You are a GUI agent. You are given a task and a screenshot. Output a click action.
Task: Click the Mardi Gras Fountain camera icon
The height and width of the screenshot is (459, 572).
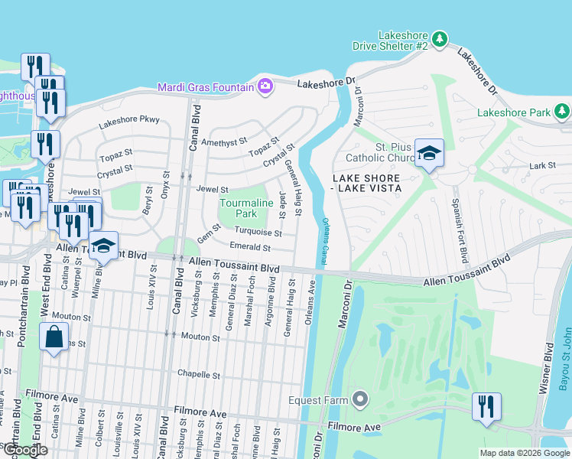(x=265, y=86)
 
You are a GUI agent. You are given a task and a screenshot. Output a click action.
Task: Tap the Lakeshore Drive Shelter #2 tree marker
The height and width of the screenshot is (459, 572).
(x=439, y=38)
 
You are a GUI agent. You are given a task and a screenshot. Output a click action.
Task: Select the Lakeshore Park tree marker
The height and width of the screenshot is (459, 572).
(x=562, y=112)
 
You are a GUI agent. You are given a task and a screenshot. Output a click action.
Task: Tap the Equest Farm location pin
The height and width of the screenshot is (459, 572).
(x=361, y=399)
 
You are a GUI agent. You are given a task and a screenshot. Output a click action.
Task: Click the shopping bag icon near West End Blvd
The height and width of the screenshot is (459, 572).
(x=54, y=337)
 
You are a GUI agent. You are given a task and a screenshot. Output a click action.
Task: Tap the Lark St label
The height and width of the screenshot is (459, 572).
(x=541, y=165)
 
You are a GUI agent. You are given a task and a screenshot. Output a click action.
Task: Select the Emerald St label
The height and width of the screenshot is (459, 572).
(x=250, y=248)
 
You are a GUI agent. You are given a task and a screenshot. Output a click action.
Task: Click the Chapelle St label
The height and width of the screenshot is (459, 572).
(x=199, y=376)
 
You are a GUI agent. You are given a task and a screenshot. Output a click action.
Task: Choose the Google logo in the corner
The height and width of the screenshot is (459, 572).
(x=25, y=451)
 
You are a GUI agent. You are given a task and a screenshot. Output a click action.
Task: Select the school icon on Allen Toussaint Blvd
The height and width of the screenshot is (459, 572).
(x=103, y=246)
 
